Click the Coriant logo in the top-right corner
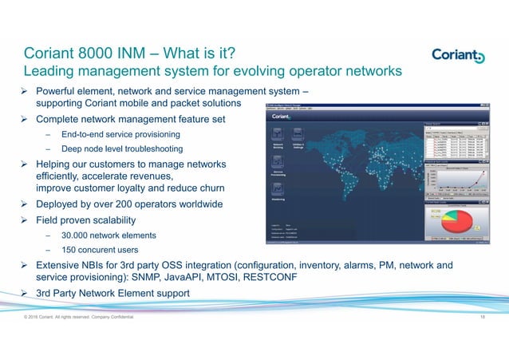[456, 55]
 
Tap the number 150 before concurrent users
[70, 250]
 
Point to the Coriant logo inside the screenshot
[282, 116]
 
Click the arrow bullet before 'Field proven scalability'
[25, 220]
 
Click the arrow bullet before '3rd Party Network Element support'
[25, 293]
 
